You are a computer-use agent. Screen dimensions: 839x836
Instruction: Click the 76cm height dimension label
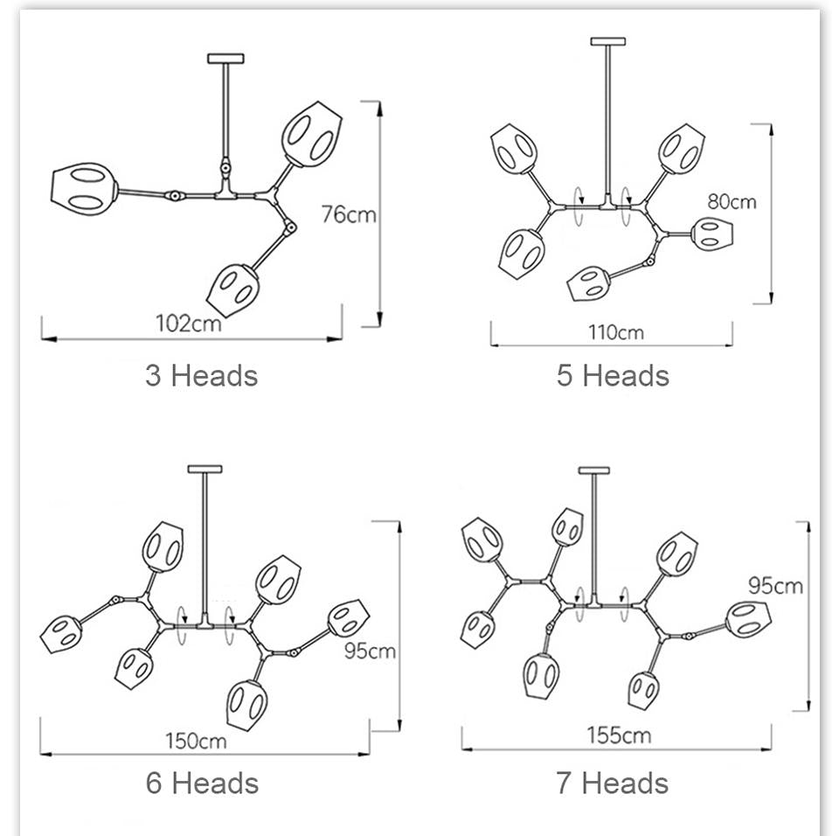point(349,214)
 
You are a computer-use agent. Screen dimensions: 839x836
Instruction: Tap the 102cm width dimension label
point(189,324)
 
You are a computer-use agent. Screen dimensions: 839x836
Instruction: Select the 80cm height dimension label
point(732,202)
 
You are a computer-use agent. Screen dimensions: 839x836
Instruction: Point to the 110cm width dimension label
point(616,332)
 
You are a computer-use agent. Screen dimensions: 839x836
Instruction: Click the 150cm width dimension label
point(196,742)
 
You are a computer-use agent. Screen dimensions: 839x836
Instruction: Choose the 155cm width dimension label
point(619,735)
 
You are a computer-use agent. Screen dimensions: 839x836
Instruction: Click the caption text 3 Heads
point(202,375)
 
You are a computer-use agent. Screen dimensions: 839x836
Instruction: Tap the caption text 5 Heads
point(613,375)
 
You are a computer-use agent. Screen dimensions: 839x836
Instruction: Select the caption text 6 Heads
point(202,783)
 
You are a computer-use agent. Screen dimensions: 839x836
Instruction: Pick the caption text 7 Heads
point(612,783)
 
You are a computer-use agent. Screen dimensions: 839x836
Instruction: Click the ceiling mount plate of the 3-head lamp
point(225,59)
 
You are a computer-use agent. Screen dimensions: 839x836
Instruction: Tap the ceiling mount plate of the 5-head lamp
point(608,41)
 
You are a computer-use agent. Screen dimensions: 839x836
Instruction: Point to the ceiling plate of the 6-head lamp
point(205,469)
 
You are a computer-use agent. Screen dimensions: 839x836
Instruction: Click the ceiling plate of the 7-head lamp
point(594,470)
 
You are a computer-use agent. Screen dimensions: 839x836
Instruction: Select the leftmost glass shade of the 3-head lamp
point(84,190)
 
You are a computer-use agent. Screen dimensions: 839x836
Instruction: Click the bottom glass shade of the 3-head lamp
point(233,289)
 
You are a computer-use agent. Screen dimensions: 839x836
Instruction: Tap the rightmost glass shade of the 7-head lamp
point(749,620)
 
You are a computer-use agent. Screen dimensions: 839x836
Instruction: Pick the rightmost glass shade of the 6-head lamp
point(349,618)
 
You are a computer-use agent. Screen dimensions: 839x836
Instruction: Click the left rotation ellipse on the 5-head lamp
point(579,206)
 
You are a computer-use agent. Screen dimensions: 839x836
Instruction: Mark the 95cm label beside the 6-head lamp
point(370,651)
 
